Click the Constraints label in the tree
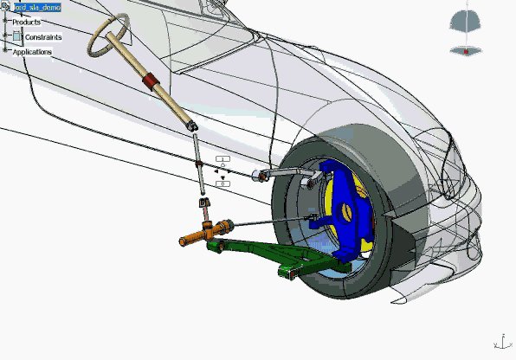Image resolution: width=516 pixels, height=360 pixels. (x=42, y=37)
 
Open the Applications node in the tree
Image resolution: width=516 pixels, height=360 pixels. (x=32, y=52)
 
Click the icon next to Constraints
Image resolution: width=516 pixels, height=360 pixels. (x=17, y=36)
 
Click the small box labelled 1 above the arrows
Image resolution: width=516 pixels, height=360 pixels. (x=223, y=159)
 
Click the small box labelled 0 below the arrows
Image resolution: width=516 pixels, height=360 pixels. (x=223, y=184)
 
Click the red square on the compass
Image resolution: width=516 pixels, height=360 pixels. (x=466, y=52)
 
